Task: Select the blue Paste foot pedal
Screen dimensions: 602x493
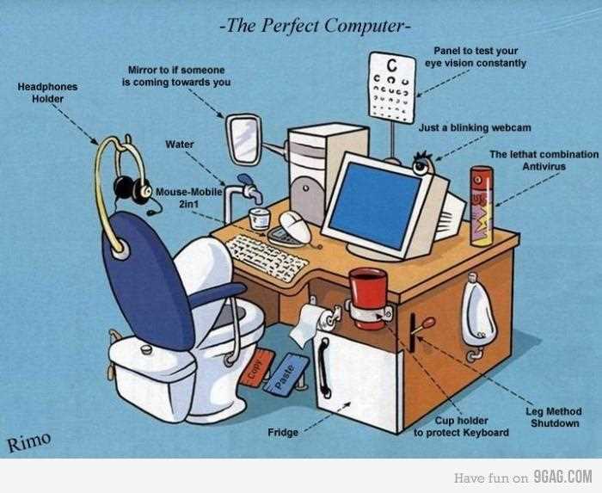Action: pos(286,375)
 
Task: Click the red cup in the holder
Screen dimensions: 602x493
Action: pos(368,298)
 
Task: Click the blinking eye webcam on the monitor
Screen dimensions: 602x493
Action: pos(423,164)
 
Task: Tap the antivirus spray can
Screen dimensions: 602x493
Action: pos(482,206)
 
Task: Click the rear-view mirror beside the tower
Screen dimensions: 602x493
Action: pos(244,139)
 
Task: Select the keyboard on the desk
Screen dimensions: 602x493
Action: pos(267,256)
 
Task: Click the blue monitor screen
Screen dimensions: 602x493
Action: pos(375,206)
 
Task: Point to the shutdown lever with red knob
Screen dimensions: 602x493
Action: pos(420,329)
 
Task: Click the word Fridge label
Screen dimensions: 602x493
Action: pos(283,432)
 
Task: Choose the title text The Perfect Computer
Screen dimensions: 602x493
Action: pos(316,26)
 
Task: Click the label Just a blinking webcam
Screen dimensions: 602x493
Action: pos(475,127)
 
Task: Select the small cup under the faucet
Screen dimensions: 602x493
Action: pos(259,219)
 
